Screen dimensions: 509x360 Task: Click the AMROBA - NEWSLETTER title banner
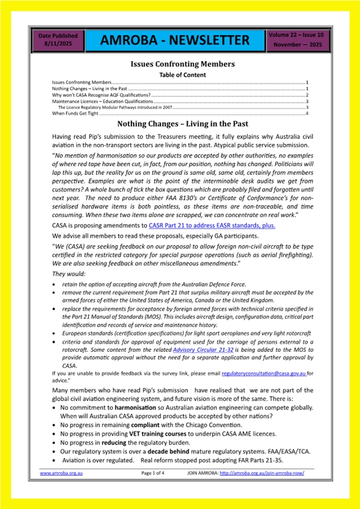click(x=175, y=41)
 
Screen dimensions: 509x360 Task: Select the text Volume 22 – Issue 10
click(x=297, y=36)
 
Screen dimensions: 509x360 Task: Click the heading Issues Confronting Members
click(x=183, y=64)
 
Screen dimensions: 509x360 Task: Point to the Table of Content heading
click(x=182, y=75)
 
